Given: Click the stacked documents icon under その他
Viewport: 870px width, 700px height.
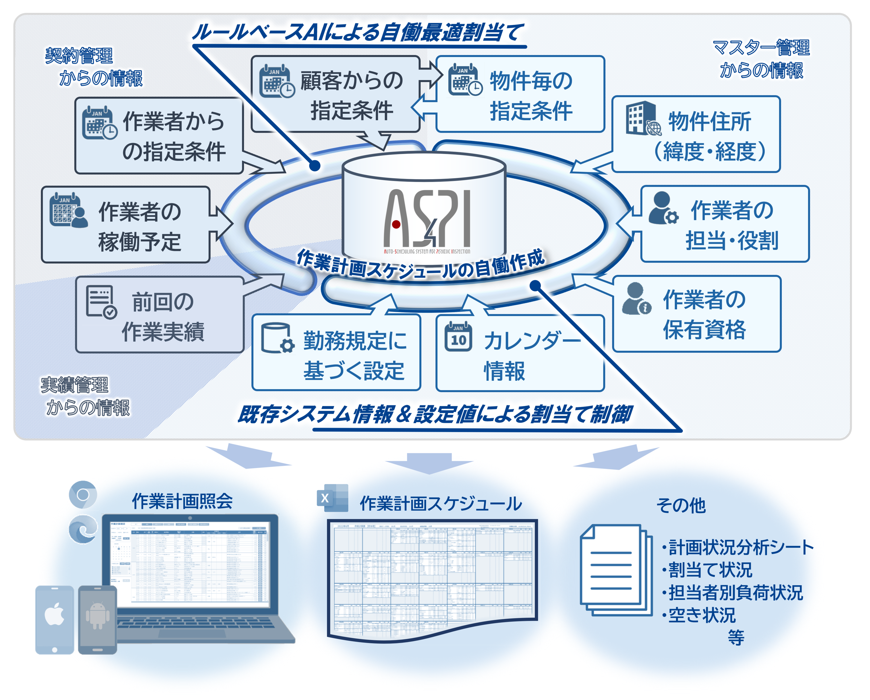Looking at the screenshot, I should tap(615, 569).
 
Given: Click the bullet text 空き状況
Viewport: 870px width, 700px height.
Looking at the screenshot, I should tap(702, 615).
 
